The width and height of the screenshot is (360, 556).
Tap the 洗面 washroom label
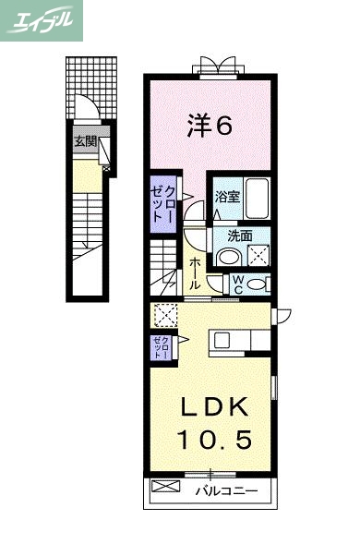[228, 235]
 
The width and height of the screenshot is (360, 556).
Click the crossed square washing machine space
[258, 256]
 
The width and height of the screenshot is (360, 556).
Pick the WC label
[236, 282]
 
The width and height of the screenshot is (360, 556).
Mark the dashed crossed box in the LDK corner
[165, 315]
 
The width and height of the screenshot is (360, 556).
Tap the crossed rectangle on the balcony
[162, 487]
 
